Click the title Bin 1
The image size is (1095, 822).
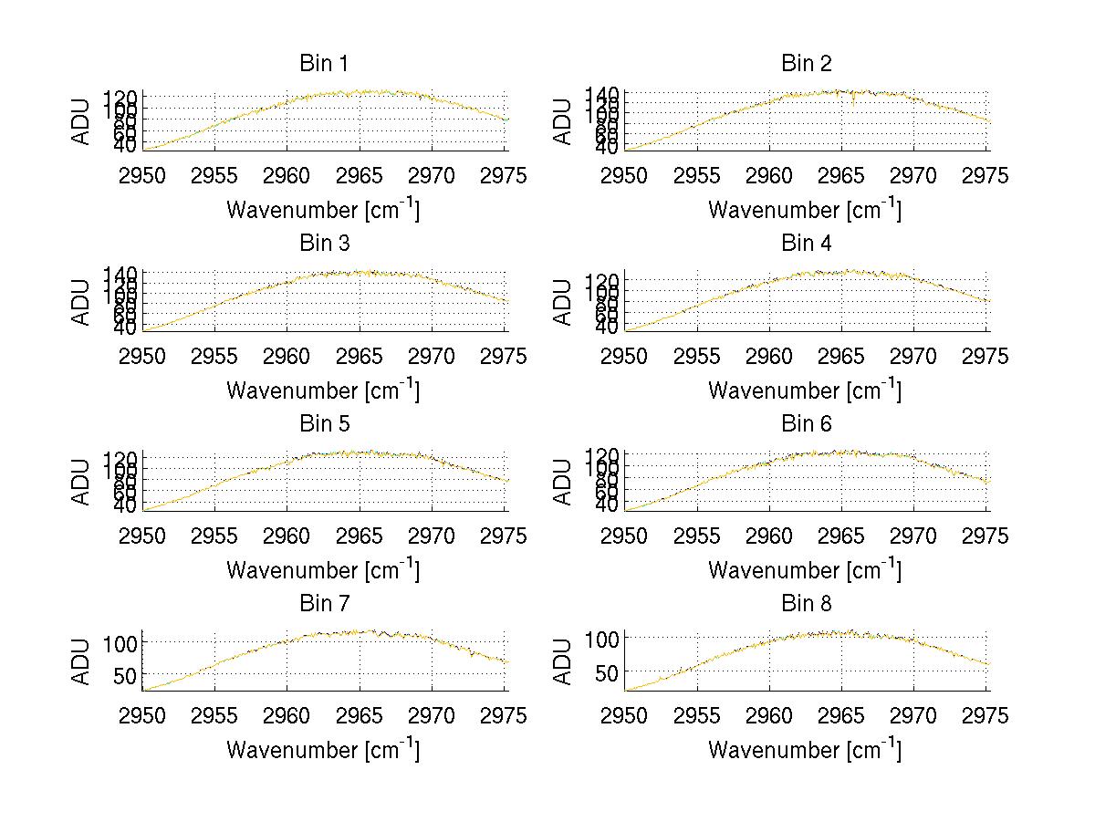[x=323, y=64]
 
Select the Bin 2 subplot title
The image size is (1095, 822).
[x=807, y=64]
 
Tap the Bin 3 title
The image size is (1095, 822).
[x=323, y=244]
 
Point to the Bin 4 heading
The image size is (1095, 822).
[x=807, y=244]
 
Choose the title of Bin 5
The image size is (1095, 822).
[x=323, y=424]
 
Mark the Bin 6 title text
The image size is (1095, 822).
[x=807, y=424]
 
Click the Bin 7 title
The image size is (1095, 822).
[x=323, y=604]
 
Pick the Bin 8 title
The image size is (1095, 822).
[x=807, y=604]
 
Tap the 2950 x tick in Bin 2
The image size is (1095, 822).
[x=624, y=176]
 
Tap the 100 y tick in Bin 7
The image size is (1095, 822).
[x=122, y=642]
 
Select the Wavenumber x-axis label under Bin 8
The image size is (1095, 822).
[x=805, y=750]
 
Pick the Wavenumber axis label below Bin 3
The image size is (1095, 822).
[x=323, y=390]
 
